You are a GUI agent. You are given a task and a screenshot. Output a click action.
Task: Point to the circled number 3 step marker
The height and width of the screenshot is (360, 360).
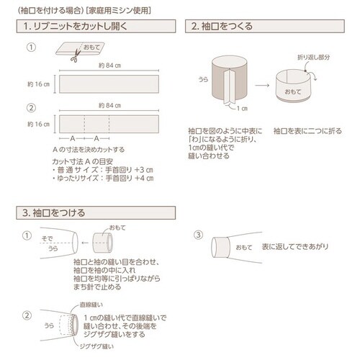tap(199, 235)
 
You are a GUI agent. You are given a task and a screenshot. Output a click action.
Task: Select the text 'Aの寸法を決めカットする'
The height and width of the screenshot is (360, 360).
tap(91, 149)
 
